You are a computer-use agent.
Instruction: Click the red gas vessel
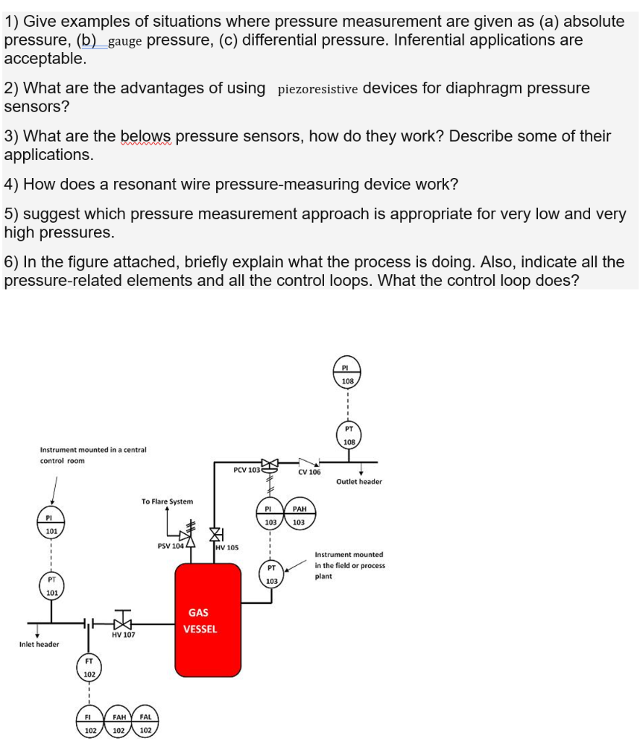207,620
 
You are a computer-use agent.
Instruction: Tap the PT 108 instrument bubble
347,436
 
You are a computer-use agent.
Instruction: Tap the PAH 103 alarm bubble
299,515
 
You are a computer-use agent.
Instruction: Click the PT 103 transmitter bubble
271,575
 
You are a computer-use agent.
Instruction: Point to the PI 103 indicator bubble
271,515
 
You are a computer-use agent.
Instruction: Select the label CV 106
309,473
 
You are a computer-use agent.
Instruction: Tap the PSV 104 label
171,546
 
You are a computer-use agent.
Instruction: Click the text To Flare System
167,501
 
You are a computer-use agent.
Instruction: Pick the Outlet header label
359,481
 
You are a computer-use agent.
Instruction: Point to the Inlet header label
39,644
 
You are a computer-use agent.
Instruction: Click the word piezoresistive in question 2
317,90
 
